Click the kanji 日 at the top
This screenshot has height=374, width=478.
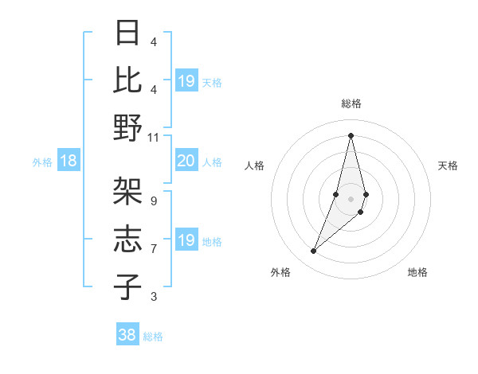[127, 33]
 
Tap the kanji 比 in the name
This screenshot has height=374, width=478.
[127, 80]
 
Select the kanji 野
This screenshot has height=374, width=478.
[127, 127]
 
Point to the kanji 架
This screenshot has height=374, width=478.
[127, 192]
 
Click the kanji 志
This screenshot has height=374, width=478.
[127, 240]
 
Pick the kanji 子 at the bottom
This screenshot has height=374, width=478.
[127, 286]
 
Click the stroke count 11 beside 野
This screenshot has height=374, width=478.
[154, 137]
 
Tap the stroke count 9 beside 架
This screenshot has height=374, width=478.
[154, 201]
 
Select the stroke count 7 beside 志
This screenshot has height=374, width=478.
[154, 249]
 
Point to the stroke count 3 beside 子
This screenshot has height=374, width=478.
[154, 297]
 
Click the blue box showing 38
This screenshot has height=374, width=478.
[127, 335]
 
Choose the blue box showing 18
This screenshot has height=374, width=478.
[69, 162]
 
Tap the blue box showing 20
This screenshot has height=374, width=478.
[186, 162]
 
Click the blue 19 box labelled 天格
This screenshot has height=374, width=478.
[186, 81]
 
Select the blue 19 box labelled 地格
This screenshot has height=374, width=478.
[186, 240]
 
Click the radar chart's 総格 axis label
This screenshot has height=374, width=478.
[351, 103]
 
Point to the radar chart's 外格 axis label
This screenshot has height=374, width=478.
[280, 272]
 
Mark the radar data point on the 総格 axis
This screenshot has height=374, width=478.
[351, 134]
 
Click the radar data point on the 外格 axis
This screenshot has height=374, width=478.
[313, 251]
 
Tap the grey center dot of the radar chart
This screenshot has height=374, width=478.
[351, 198]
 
